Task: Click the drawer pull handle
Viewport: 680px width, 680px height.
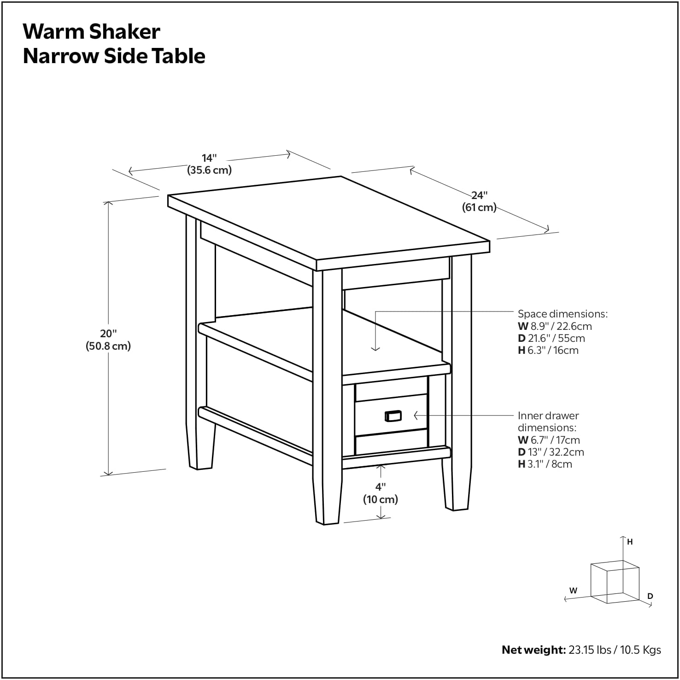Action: tap(393, 416)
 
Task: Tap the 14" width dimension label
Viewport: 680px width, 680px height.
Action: tap(209, 158)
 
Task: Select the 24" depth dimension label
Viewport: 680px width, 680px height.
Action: tap(479, 195)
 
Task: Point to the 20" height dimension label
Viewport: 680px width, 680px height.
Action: tap(109, 334)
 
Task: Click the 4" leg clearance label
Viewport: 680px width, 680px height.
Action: tap(380, 487)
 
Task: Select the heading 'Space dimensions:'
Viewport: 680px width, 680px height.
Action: tap(563, 314)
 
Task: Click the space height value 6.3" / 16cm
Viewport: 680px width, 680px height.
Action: tap(553, 350)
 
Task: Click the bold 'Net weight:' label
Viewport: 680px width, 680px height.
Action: tap(533, 650)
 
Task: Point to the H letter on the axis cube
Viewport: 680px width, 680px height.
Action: tap(630, 542)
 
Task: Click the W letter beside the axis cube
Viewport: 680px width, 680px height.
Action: tap(573, 590)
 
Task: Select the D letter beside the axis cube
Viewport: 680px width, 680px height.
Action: tap(650, 596)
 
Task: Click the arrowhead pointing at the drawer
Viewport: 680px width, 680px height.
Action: tap(416, 416)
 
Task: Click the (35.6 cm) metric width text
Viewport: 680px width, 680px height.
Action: tap(209, 170)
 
